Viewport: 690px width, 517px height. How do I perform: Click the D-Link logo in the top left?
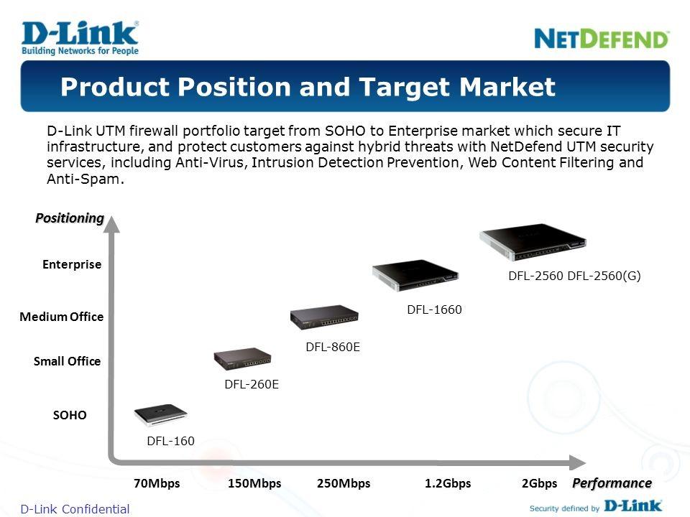click(80, 38)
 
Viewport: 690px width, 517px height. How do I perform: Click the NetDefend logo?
click(602, 39)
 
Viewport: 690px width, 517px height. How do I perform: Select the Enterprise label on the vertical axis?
click(72, 265)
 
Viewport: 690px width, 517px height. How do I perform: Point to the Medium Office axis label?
click(62, 317)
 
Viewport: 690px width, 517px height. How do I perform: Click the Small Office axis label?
click(68, 361)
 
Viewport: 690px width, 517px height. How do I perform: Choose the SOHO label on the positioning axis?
click(70, 415)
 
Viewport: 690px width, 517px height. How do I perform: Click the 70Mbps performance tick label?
click(157, 483)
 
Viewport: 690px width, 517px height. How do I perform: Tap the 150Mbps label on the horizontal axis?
click(254, 483)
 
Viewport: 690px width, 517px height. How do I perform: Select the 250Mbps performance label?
click(344, 483)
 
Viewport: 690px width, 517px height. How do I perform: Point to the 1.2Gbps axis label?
click(448, 483)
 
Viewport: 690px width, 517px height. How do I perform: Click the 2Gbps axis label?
click(539, 483)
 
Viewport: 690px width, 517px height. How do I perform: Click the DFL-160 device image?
click(160, 415)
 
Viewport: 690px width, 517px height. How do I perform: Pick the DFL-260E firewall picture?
click(242, 359)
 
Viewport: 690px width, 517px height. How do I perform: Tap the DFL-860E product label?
click(333, 348)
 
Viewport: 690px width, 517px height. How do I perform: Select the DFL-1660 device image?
click(415, 275)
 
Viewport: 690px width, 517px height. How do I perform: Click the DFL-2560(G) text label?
click(604, 276)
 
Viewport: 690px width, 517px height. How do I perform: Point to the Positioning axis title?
click(70, 218)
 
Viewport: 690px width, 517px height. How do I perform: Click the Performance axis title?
click(612, 483)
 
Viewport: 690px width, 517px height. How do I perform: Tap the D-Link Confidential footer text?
click(75, 509)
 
